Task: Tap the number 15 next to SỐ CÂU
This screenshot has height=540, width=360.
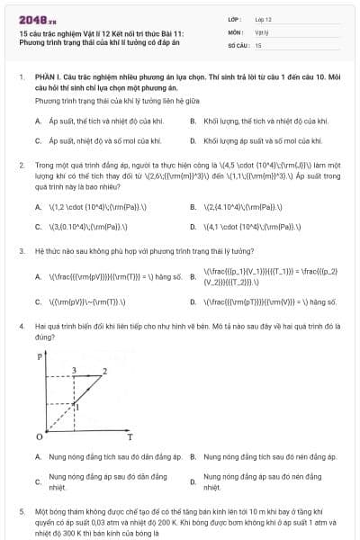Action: point(258,44)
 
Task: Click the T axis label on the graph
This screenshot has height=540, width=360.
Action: point(130,437)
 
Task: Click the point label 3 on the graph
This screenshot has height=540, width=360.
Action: point(73,370)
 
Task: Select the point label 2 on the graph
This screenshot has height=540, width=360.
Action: point(106,370)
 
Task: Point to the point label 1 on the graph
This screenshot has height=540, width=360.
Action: point(77,407)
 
